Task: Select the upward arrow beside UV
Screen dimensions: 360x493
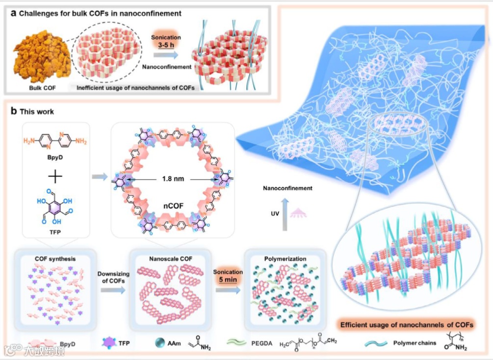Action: [x=285, y=210]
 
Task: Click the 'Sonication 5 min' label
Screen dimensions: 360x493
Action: [x=228, y=276]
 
